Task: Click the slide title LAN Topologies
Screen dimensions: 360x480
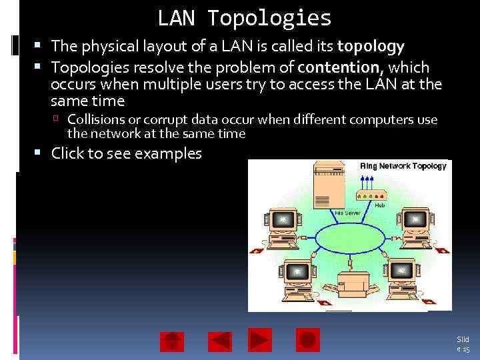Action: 244,18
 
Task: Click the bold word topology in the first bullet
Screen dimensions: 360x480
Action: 371,47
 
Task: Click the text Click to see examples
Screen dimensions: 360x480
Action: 126,153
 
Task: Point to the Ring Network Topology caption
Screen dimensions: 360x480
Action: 403,166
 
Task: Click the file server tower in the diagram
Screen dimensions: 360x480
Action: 329,187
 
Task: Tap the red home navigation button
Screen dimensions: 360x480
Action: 172,341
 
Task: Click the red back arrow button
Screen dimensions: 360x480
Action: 220,341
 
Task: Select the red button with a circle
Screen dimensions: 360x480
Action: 308,340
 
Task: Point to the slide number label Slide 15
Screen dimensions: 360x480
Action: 463,344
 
